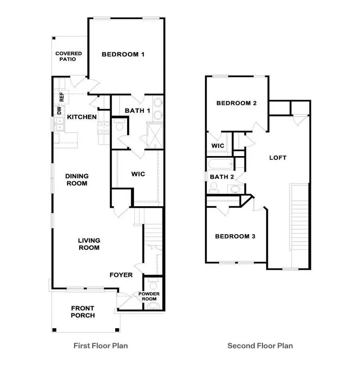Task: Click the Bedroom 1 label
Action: (x=123, y=54)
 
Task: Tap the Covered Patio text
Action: (x=68, y=56)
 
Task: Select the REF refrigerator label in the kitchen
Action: (x=62, y=97)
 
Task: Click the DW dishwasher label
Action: (x=59, y=110)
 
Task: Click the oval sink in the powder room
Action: (x=153, y=306)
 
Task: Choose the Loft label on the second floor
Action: (x=278, y=158)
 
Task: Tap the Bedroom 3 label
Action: (x=235, y=236)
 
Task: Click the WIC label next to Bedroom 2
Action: (x=218, y=146)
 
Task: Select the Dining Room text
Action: (x=77, y=180)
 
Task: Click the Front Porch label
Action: (x=83, y=312)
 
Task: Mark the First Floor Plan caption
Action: (x=101, y=345)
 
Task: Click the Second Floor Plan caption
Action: (x=260, y=345)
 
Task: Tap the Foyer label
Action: (x=121, y=275)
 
